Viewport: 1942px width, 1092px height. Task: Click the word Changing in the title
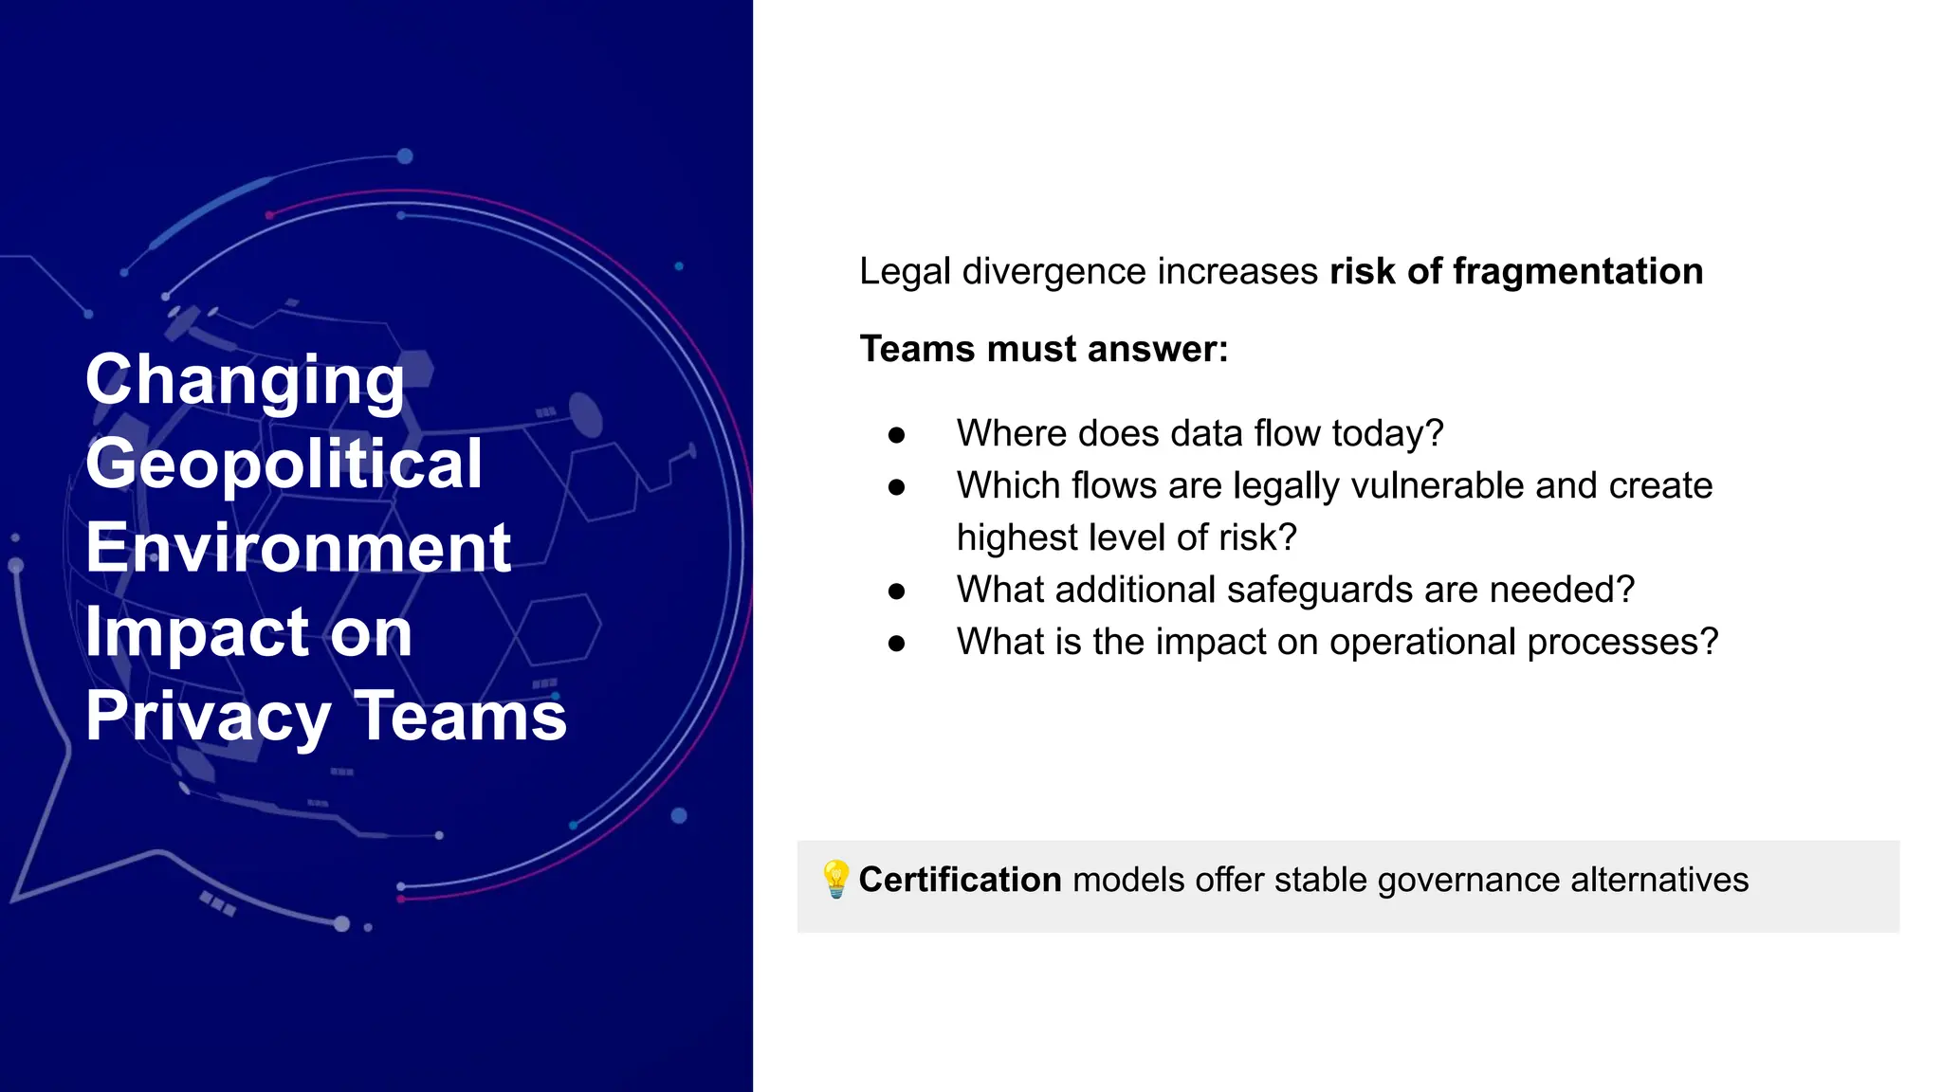coord(245,379)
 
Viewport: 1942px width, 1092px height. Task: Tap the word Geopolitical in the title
coord(284,464)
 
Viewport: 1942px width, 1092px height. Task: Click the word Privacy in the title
coord(208,716)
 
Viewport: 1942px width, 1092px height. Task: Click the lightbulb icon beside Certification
coord(835,880)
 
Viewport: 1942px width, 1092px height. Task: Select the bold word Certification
coord(960,880)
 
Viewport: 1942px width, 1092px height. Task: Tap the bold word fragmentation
coord(1578,271)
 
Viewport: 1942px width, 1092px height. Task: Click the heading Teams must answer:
coord(1043,349)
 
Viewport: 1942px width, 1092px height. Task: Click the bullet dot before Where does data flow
coord(897,435)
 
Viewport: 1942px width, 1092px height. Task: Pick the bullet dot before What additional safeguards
coord(897,591)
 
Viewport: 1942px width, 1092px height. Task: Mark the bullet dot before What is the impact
coord(897,644)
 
